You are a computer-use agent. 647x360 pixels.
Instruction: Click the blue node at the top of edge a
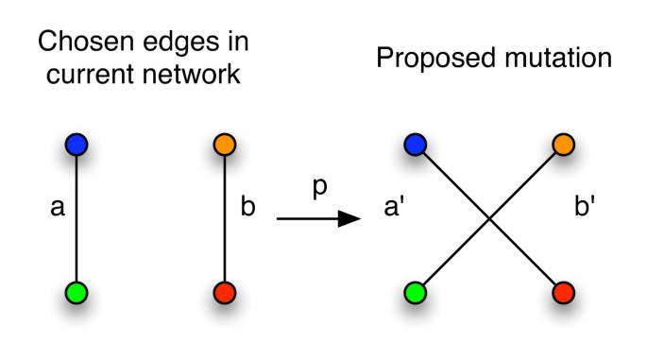point(77,145)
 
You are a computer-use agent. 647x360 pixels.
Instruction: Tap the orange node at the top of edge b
point(225,145)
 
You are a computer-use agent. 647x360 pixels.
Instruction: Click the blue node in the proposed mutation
point(414,145)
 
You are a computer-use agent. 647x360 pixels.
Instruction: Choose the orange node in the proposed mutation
point(562,145)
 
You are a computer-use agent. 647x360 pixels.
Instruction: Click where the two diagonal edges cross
point(488,219)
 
